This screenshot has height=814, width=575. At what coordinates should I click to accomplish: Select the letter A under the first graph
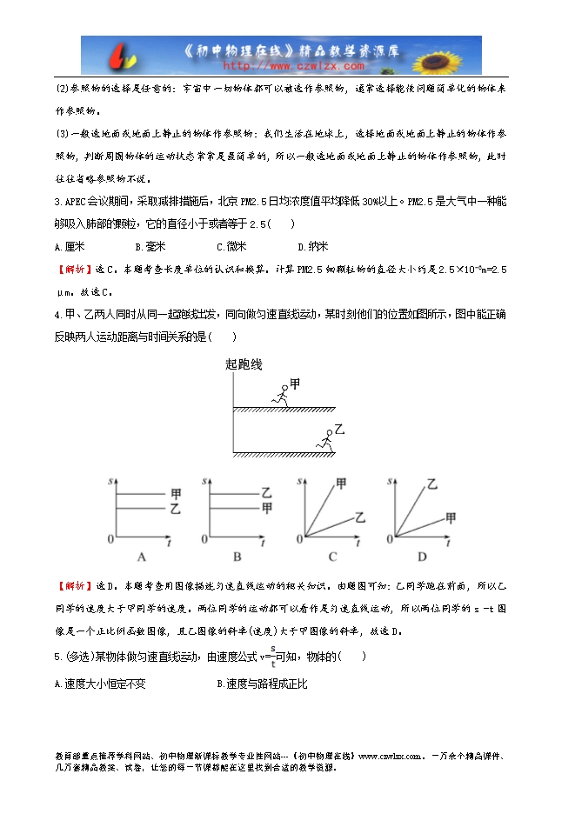click(x=142, y=556)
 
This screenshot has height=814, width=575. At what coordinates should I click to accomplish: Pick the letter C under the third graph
click(x=331, y=556)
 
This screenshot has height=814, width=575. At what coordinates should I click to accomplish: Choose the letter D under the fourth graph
click(x=422, y=556)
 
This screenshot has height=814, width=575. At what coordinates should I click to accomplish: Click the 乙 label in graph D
click(x=431, y=484)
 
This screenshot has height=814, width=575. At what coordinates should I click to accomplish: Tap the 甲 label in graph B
click(x=267, y=507)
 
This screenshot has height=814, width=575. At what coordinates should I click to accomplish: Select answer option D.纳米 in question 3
click(x=308, y=247)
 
